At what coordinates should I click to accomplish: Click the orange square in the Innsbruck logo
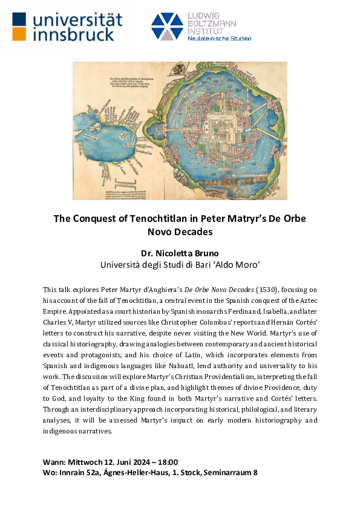pyautogui.click(x=19, y=34)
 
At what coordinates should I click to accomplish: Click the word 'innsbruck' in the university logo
pyautogui.click(x=73, y=34)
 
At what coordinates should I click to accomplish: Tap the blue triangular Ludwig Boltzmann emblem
pyautogui.click(x=167, y=26)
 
